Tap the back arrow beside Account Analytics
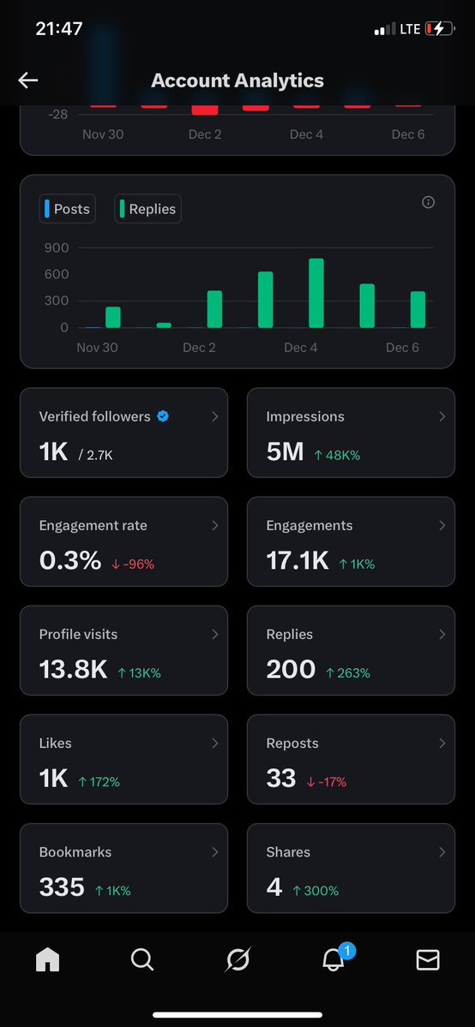(28, 81)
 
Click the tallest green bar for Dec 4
(316, 293)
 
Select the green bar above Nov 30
(113, 317)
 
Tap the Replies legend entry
(147, 209)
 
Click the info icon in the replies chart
(429, 202)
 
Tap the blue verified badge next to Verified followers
(163, 416)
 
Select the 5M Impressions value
(285, 451)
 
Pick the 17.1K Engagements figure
(297, 560)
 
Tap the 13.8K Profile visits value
(72, 669)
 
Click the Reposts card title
(292, 743)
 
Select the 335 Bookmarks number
(62, 887)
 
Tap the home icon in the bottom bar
(47, 961)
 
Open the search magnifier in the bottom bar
(141, 961)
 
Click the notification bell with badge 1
(333, 961)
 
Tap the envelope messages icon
(427, 961)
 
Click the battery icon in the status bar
(439, 29)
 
